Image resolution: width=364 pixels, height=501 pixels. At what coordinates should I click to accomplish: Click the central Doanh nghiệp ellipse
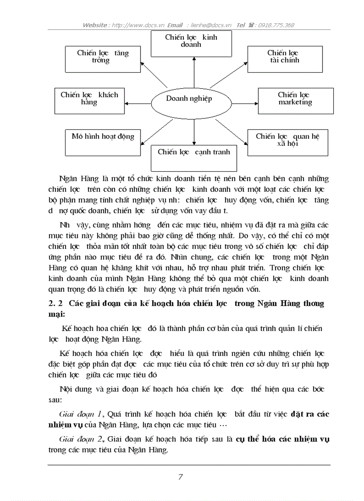point(189,99)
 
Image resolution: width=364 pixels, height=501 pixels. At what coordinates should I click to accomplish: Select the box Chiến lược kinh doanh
point(191,41)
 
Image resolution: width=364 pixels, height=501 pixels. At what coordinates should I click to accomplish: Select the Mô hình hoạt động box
point(103,137)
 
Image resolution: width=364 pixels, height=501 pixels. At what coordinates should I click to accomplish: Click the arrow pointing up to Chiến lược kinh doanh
point(194,69)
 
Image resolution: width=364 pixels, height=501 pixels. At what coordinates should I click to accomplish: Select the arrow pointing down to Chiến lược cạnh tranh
point(194,129)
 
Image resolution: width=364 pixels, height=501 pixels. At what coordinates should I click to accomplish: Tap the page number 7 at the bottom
point(180,477)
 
